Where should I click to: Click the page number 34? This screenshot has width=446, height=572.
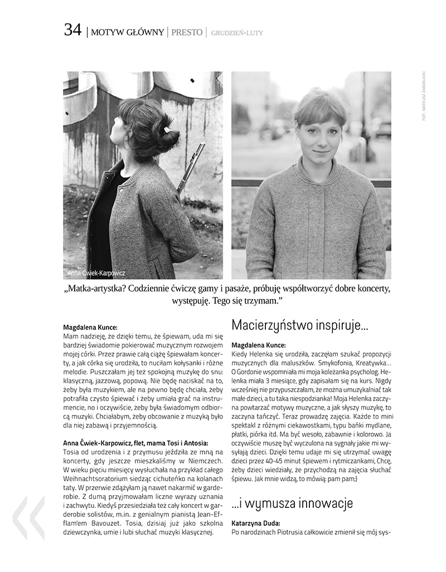tap(73, 31)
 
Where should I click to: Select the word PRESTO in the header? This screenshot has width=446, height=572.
tap(187, 32)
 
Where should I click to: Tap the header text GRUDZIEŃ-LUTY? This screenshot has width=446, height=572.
tap(237, 33)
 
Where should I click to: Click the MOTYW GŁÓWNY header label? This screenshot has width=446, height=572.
tap(127, 32)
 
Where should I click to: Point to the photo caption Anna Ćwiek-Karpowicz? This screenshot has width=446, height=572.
tap(96, 273)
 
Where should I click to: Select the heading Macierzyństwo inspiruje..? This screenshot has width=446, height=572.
tap(299, 325)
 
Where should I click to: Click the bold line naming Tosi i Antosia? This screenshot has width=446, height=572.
tap(135, 443)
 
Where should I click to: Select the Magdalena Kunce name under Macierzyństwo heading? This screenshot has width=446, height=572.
tap(258, 345)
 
